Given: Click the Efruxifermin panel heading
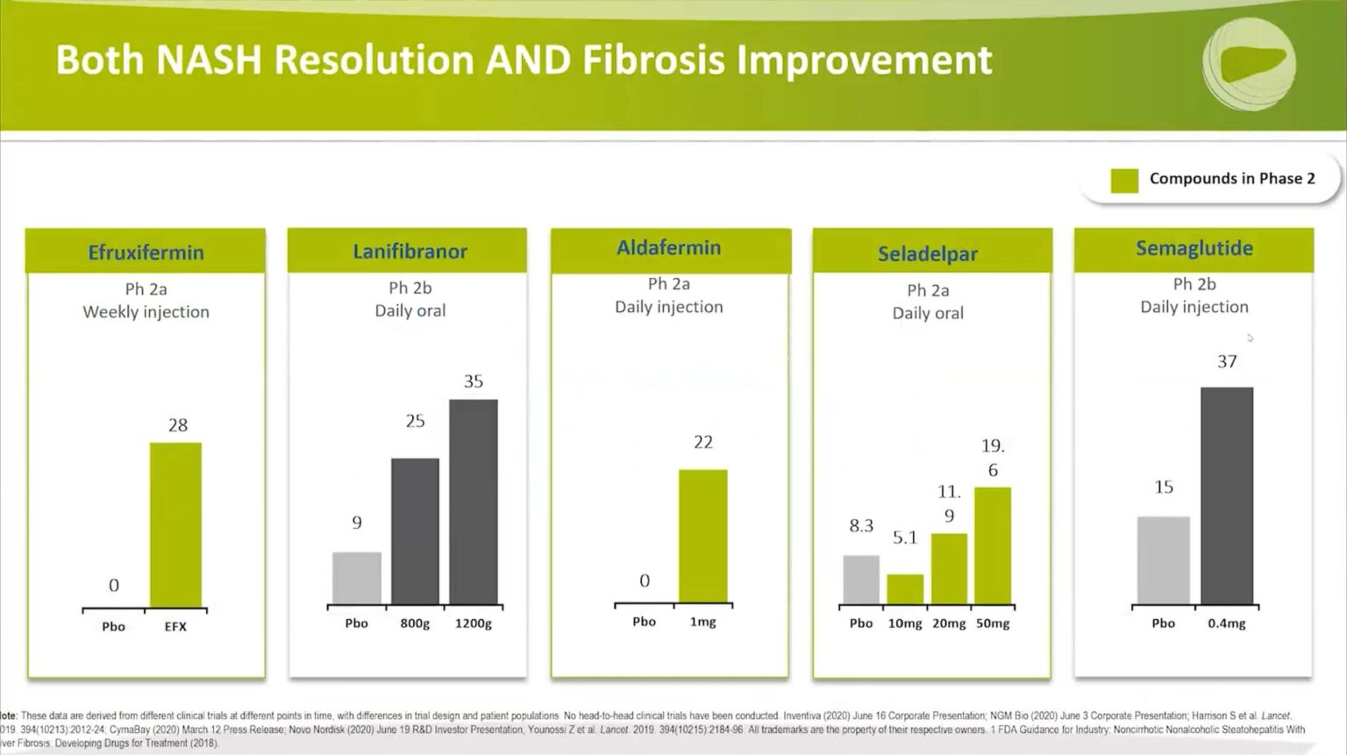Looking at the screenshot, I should pos(146,253).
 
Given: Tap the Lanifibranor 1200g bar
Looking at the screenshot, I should pos(474,502).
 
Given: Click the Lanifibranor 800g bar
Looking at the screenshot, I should pos(415,531).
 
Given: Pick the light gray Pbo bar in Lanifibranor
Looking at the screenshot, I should pos(357,578).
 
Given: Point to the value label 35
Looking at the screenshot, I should pos(474,381).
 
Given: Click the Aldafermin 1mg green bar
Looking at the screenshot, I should pos(702,536).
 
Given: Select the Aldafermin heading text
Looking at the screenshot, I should pos(668,248).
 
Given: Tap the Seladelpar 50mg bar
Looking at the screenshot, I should pos(993,545).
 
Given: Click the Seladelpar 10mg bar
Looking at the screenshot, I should pos(905,589).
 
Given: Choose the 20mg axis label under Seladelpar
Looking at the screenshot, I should pos(949,623).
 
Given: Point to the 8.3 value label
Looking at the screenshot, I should pos(861,526).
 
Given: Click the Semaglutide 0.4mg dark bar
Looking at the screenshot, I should pos(1226,495).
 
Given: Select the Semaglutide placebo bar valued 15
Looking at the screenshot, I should pos(1163,560).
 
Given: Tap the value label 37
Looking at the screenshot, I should pos(1227,361).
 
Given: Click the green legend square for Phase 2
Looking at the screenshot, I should pos(1124,180).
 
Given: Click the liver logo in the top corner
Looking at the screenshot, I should pos(1248,63).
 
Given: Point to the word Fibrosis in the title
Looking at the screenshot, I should pos(652,61).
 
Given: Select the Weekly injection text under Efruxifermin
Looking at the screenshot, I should pos(146,312).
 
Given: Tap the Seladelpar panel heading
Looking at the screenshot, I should pos(928,254).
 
